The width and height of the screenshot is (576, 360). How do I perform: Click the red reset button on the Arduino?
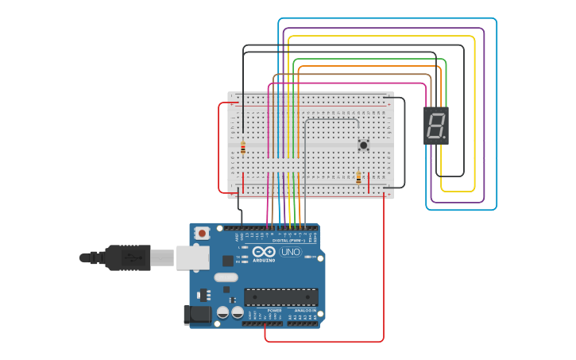coord(202,233)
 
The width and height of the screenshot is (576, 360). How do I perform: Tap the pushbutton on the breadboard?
coord(364,145)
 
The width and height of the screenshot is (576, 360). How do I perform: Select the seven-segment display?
coord(435,125)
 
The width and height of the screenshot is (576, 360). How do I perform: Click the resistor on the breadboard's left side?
coord(243,147)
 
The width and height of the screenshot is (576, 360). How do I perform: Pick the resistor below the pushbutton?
coord(358,177)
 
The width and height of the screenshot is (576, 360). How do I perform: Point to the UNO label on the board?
coord(291,252)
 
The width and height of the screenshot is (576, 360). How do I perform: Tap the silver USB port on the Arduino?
coord(192,257)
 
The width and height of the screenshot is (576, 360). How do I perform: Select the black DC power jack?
coord(197,315)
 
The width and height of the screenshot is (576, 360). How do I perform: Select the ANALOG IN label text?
coord(305,311)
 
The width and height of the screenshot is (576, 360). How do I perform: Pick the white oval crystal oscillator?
coord(226,277)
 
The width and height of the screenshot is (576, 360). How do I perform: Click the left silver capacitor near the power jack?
coord(223,312)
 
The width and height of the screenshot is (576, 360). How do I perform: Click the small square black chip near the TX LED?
coord(228,260)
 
